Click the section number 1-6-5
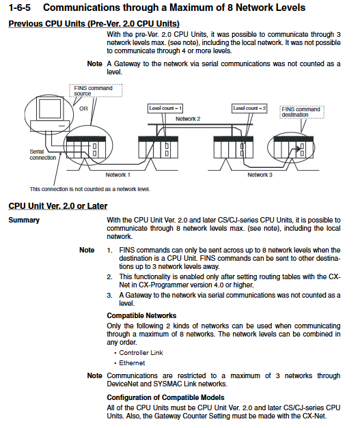pyautogui.click(x=19, y=8)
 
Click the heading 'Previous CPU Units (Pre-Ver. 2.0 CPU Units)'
pyautogui.click(x=94, y=24)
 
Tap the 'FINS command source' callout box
pyautogui.click(x=96, y=91)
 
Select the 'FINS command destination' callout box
pyautogui.click(x=302, y=112)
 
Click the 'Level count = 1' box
pyautogui.click(x=165, y=109)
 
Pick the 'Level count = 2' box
pyautogui.click(x=249, y=109)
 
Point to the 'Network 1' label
pyautogui.click(x=117, y=175)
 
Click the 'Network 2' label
pyautogui.click(x=188, y=119)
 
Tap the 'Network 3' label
pyautogui.click(x=260, y=175)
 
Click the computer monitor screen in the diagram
pyautogui.click(x=50, y=109)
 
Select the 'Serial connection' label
pyautogui.click(x=42, y=155)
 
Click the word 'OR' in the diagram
pyautogui.click(x=83, y=109)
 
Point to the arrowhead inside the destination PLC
pyautogui.click(x=299, y=149)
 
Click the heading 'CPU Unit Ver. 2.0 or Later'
pyautogui.click(x=57, y=206)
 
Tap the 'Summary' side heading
pyautogui.click(x=24, y=220)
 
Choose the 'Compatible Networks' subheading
pyautogui.click(x=141, y=315)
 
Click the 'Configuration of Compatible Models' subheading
pyautogui.click(x=165, y=397)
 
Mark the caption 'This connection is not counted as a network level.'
pyautogui.click(x=90, y=189)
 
